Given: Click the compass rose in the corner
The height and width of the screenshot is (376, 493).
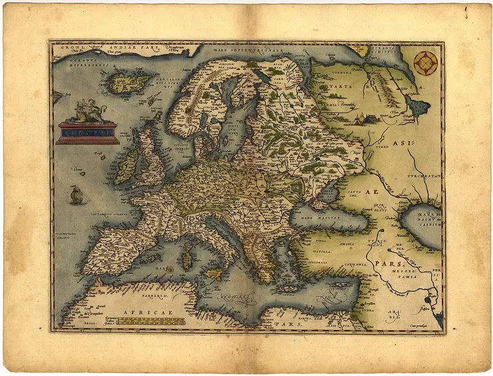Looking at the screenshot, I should pyautogui.click(x=426, y=63).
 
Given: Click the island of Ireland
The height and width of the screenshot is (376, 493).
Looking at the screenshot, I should pyautogui.click(x=127, y=167).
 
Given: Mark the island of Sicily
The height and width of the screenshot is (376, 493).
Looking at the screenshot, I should pyautogui.click(x=214, y=274).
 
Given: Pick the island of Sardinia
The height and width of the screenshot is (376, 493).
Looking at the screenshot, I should pyautogui.click(x=187, y=257).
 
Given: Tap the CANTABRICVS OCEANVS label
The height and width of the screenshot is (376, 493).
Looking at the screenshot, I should pyautogui.click(x=106, y=214).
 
